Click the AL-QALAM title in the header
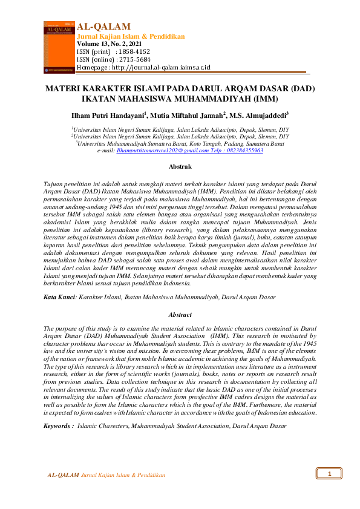click(x=105, y=26)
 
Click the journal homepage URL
click(x=162, y=67)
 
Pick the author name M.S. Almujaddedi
click(x=258, y=115)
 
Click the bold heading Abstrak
click(x=180, y=166)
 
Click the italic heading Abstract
click(x=180, y=315)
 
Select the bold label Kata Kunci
click(x=59, y=297)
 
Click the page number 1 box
click(x=330, y=473)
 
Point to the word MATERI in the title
click(x=65, y=88)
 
